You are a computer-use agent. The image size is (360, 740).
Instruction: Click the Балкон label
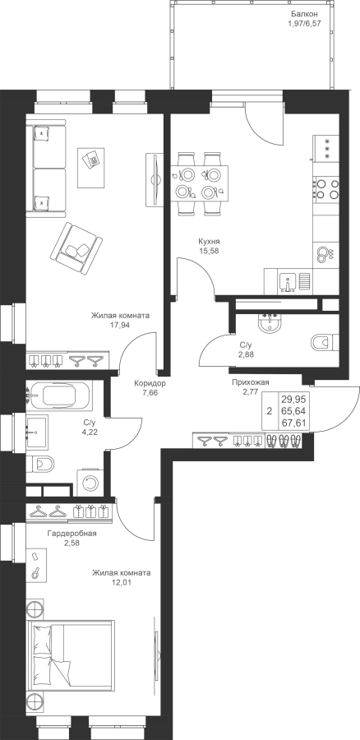(x=301, y=14)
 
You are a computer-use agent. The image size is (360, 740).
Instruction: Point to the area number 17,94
(x=119, y=325)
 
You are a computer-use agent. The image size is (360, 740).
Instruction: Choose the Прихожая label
(x=250, y=382)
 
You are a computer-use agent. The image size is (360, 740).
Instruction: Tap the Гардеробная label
(x=72, y=534)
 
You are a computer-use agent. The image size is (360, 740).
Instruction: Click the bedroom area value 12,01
(x=122, y=582)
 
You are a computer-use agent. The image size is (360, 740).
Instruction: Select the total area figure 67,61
(x=291, y=422)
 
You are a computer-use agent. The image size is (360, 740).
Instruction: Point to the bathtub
(x=59, y=395)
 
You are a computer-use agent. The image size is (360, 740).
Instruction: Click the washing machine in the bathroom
(x=89, y=483)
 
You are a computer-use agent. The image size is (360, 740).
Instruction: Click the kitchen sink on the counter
(x=288, y=283)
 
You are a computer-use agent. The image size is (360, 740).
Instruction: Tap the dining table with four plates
(x=199, y=183)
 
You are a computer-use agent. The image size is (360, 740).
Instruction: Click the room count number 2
(x=270, y=411)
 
